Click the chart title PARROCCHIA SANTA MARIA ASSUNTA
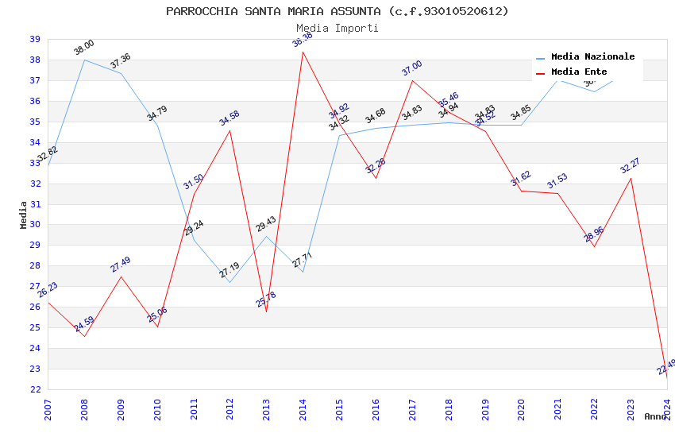pyautogui.click(x=337, y=11)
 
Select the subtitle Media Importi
pyautogui.click(x=337, y=28)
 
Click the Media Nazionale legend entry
pyautogui.click(x=592, y=57)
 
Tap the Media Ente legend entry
pyautogui.click(x=579, y=72)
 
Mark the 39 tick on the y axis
pyautogui.click(x=35, y=39)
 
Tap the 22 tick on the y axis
pyautogui.click(x=35, y=389)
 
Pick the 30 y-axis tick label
pyautogui.click(x=35, y=224)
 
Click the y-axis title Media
pyautogui.click(x=24, y=215)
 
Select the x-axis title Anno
pyautogui.click(x=655, y=416)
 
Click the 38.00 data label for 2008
pyautogui.click(x=84, y=48)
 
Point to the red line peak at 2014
pyautogui.click(x=303, y=52)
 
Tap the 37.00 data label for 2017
pyautogui.click(x=412, y=68)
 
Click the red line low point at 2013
pyautogui.click(x=267, y=311)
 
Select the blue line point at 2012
pyautogui.click(x=230, y=282)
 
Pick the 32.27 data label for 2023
pyautogui.click(x=631, y=166)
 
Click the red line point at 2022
pyautogui.click(x=594, y=246)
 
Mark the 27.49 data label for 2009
pyautogui.click(x=121, y=265)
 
